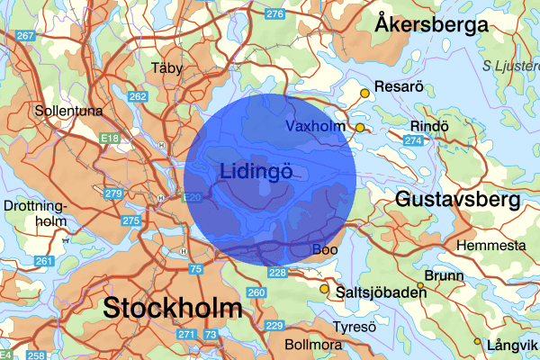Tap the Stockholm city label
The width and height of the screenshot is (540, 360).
(x=173, y=307)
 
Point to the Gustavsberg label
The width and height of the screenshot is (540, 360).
(x=457, y=198)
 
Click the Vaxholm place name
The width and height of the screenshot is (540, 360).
(x=315, y=127)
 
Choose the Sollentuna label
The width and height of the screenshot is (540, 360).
(x=68, y=112)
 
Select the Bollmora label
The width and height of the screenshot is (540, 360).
(x=314, y=345)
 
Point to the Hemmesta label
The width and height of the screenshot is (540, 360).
(x=491, y=246)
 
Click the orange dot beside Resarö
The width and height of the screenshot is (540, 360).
(x=364, y=93)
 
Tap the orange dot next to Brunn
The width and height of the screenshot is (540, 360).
(x=419, y=286)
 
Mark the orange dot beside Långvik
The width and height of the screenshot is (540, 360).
(x=478, y=341)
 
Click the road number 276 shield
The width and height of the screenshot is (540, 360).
(x=275, y=14)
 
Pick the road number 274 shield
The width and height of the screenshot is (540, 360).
(x=414, y=140)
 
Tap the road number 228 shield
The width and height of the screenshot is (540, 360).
(x=277, y=273)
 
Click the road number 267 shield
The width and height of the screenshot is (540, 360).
(x=25, y=35)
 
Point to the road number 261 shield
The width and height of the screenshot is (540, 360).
(x=44, y=260)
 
